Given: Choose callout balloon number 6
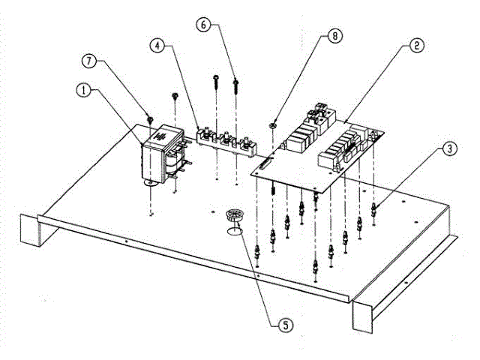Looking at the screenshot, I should tap(205, 25).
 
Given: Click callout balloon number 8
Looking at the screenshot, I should tap(333, 35).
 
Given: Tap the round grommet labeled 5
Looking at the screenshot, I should tap(235, 214).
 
